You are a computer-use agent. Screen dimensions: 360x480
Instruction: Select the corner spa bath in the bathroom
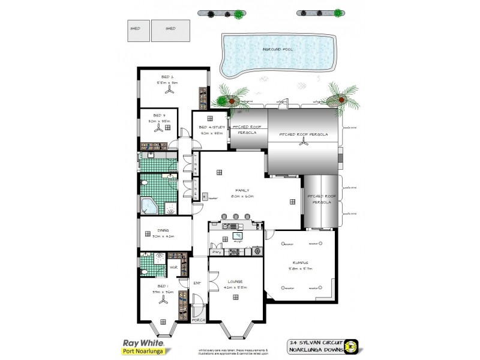149,206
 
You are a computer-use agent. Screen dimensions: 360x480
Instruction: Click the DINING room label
162,231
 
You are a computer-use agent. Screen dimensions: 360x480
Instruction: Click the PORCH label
199,320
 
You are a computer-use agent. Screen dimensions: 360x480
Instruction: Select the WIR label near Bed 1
172,267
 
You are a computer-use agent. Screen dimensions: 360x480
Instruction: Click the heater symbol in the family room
204,196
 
